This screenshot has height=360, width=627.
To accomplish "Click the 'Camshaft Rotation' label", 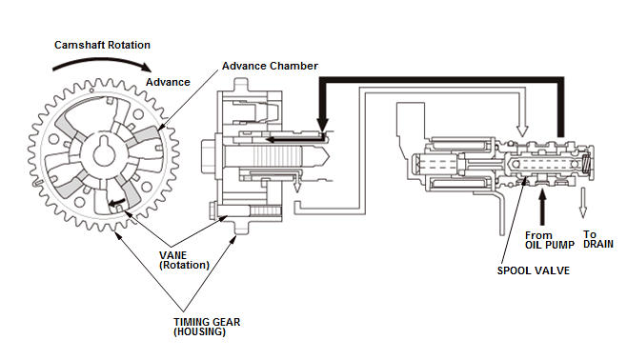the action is click(x=102, y=45).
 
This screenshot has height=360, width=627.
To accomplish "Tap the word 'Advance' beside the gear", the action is click(x=168, y=82).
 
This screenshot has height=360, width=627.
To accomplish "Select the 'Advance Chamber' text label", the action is click(x=270, y=66).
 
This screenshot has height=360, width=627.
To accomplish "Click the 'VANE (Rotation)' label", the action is click(x=184, y=260).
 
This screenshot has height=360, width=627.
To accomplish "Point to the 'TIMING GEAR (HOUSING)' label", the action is click(x=207, y=327).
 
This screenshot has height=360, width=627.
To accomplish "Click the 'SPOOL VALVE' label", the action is click(x=533, y=270).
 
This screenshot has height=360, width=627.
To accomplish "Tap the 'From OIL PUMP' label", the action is click(x=550, y=240).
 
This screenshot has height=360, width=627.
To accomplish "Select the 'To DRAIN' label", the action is click(x=597, y=239).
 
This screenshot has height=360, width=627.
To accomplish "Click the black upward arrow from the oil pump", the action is click(x=542, y=208).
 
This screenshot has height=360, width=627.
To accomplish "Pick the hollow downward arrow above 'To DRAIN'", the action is click(x=583, y=203).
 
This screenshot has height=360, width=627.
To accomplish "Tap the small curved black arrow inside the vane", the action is click(x=117, y=203).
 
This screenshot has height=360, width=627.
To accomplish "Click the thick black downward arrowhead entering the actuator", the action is click(x=322, y=124).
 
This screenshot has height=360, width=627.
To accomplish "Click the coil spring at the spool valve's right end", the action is click(x=586, y=164).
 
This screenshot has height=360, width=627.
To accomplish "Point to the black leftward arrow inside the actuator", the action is click(x=295, y=139).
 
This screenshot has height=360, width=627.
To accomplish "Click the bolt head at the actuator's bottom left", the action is click(x=213, y=210).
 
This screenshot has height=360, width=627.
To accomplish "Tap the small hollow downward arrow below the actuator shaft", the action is click(x=296, y=185).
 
